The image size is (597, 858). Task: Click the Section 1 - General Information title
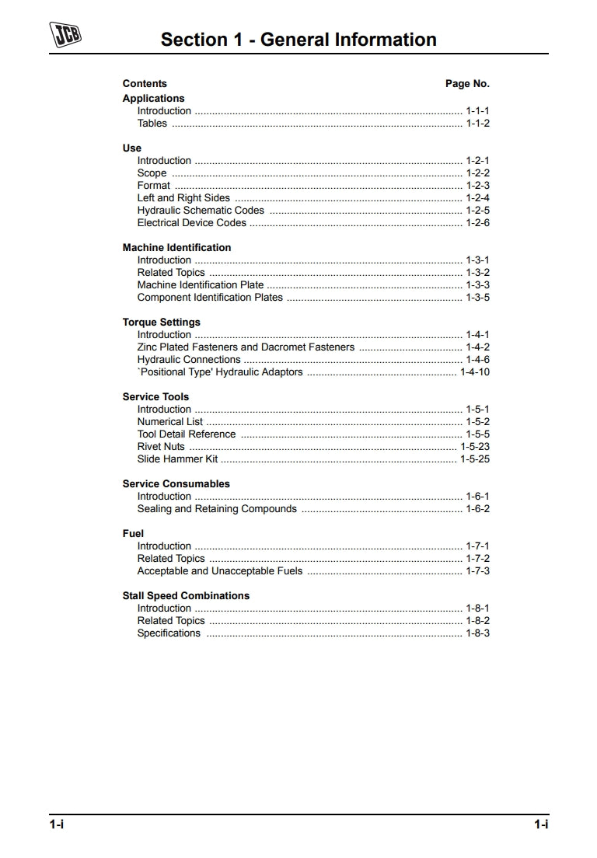[x=298, y=40]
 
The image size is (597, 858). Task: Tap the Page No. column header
[x=467, y=84]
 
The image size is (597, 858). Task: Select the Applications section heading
[x=153, y=99]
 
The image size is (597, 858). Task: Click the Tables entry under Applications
[x=152, y=124]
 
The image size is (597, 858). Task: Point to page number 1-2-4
[x=477, y=198]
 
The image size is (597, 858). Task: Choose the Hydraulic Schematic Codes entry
[x=201, y=211]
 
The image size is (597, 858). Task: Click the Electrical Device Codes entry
[x=191, y=223]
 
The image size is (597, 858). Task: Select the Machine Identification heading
[x=176, y=248]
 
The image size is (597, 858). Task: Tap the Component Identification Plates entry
[x=210, y=298]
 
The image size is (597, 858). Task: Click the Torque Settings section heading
[x=161, y=323]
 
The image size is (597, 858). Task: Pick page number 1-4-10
[x=474, y=372]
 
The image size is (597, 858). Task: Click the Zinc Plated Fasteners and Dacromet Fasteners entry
[x=246, y=347]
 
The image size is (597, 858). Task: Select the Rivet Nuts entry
[x=161, y=447]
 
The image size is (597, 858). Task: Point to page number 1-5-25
[x=474, y=459]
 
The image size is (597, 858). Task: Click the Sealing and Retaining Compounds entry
[x=217, y=509]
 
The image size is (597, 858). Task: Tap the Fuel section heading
[x=133, y=534]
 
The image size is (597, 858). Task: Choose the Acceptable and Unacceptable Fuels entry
[x=220, y=571]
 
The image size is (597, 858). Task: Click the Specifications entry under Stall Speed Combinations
[x=169, y=633]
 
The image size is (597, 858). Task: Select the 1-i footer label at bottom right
[x=541, y=825]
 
